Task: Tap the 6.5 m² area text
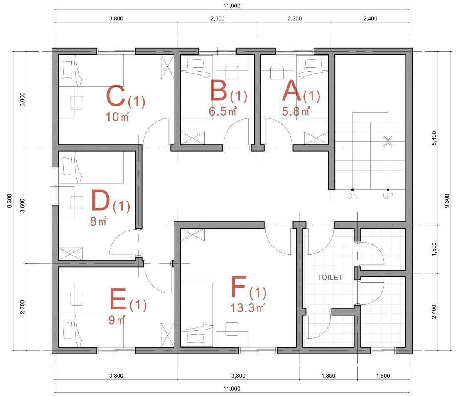[223, 111]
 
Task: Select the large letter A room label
[292, 91]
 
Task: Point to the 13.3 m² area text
[248, 307]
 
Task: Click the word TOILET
[330, 277]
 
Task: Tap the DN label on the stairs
[353, 196]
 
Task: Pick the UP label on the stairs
[388, 196]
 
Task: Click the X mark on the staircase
[388, 141]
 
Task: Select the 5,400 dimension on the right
[434, 138]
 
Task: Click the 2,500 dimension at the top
[217, 18]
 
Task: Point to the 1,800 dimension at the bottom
[328, 376]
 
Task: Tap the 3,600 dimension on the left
[22, 205]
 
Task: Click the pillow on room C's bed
[67, 69]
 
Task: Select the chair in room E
[76, 299]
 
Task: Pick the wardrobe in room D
[71, 254]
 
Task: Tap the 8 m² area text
[98, 221]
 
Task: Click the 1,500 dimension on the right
[434, 249]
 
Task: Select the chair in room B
[232, 73]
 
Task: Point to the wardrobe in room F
[192, 235]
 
